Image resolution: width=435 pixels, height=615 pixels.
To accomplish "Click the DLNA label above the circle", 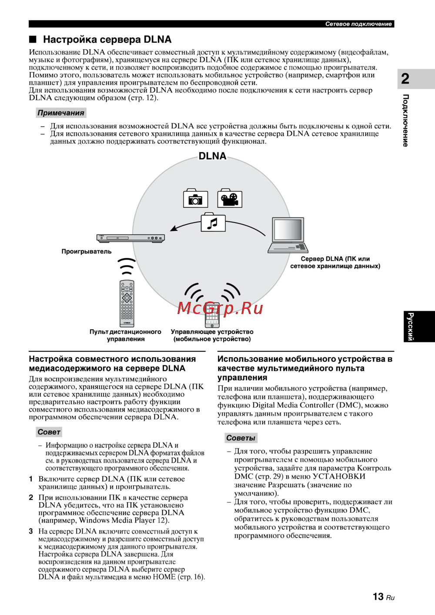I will (212, 156).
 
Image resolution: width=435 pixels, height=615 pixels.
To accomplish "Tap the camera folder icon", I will (195, 198).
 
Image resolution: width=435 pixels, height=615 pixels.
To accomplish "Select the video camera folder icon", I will (229, 198).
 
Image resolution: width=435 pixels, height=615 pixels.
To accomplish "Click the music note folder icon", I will (213, 223).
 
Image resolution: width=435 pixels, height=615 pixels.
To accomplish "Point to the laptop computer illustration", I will (288, 235).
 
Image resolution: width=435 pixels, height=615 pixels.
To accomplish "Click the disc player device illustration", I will (130, 238).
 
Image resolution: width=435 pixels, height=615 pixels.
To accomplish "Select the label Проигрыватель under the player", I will (87, 251).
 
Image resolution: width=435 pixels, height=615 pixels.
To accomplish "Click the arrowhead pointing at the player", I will (173, 228).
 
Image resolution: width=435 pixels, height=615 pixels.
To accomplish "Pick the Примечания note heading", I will (61, 113).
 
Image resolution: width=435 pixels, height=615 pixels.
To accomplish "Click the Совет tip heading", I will (49, 432).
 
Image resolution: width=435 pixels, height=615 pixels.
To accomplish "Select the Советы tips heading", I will (241, 438).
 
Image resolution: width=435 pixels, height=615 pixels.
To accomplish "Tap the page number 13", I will (378, 596).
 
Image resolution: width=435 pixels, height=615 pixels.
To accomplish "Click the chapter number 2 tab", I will (405, 79).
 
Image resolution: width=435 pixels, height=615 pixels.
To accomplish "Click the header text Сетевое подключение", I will (358, 24).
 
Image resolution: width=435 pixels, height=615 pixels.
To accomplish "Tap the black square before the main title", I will (33, 39).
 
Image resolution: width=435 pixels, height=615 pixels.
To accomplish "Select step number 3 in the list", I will (31, 531).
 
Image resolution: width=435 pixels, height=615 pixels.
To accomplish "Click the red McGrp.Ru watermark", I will (220, 308).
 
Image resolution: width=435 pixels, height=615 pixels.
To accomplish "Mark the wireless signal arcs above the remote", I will (127, 265).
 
